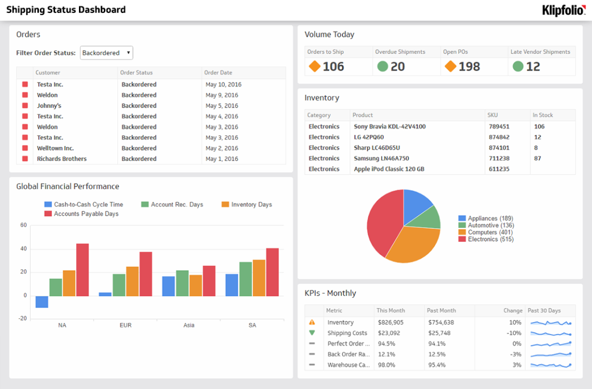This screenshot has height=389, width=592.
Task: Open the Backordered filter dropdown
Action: click(x=107, y=53)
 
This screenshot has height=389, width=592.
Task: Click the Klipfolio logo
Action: click(x=564, y=10)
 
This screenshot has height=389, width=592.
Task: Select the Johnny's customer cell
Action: click(x=49, y=106)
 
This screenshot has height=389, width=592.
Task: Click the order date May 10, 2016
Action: click(x=223, y=85)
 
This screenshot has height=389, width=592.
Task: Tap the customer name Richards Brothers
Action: click(x=62, y=159)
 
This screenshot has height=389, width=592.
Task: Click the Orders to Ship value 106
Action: click(x=333, y=66)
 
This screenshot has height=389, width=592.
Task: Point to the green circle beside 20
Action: click(x=382, y=66)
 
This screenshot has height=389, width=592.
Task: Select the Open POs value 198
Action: click(x=469, y=66)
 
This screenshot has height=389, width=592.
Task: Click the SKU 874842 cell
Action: click(x=499, y=137)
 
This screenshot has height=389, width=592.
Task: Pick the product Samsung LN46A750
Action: click(x=381, y=158)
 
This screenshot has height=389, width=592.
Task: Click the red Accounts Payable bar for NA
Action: click(x=82, y=270)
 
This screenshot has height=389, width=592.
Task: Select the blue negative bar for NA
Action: click(x=42, y=301)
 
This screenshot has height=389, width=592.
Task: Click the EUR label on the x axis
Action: click(x=125, y=325)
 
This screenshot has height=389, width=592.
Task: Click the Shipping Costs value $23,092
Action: click(x=389, y=333)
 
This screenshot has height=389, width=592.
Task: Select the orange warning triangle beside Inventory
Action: click(x=312, y=323)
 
